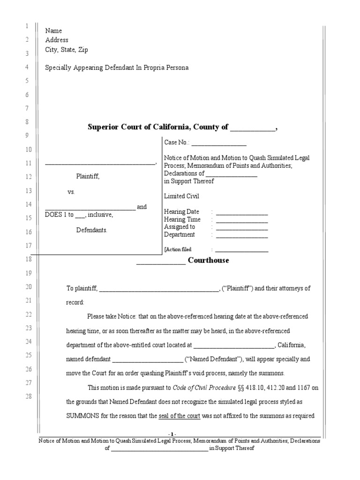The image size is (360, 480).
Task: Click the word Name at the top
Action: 53,30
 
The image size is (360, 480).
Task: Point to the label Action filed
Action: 179,249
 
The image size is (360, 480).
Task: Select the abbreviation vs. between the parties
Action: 71,192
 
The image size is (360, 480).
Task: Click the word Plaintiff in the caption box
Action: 88,176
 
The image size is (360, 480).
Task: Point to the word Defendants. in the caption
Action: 92,230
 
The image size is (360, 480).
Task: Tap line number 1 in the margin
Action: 27,26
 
